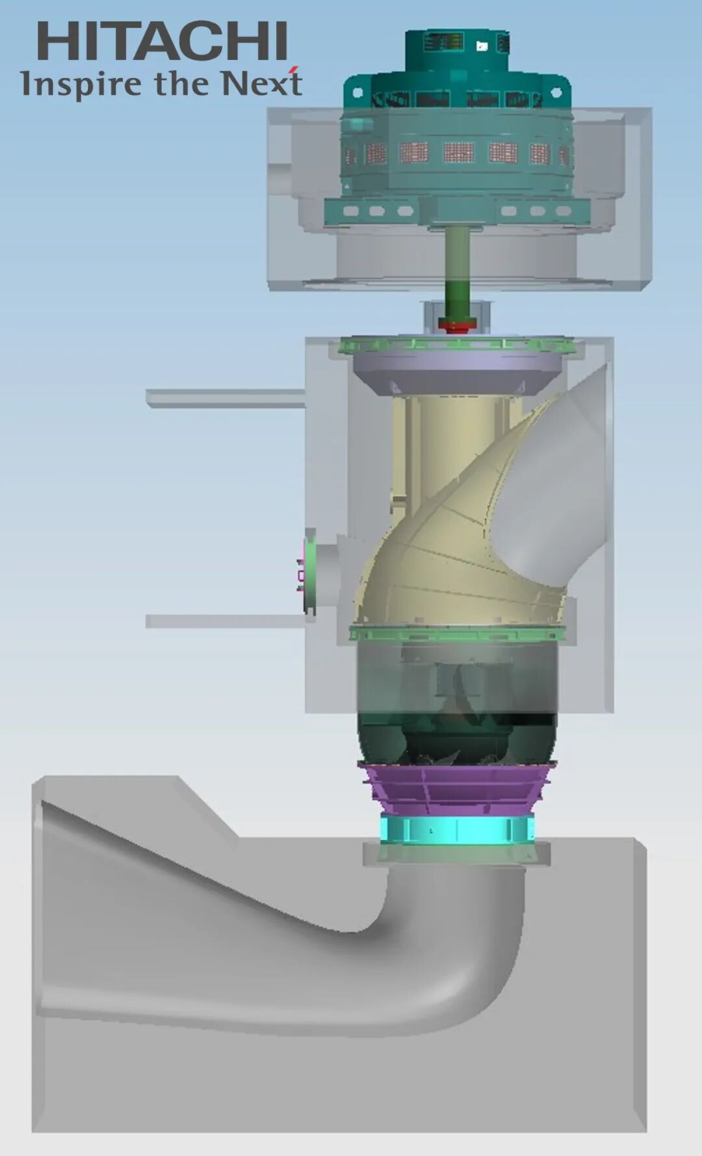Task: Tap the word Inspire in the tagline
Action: [81, 85]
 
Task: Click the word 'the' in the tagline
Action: [181, 83]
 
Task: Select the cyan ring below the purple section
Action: [457, 829]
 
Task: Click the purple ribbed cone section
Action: [457, 788]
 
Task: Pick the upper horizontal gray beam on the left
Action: [226, 398]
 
